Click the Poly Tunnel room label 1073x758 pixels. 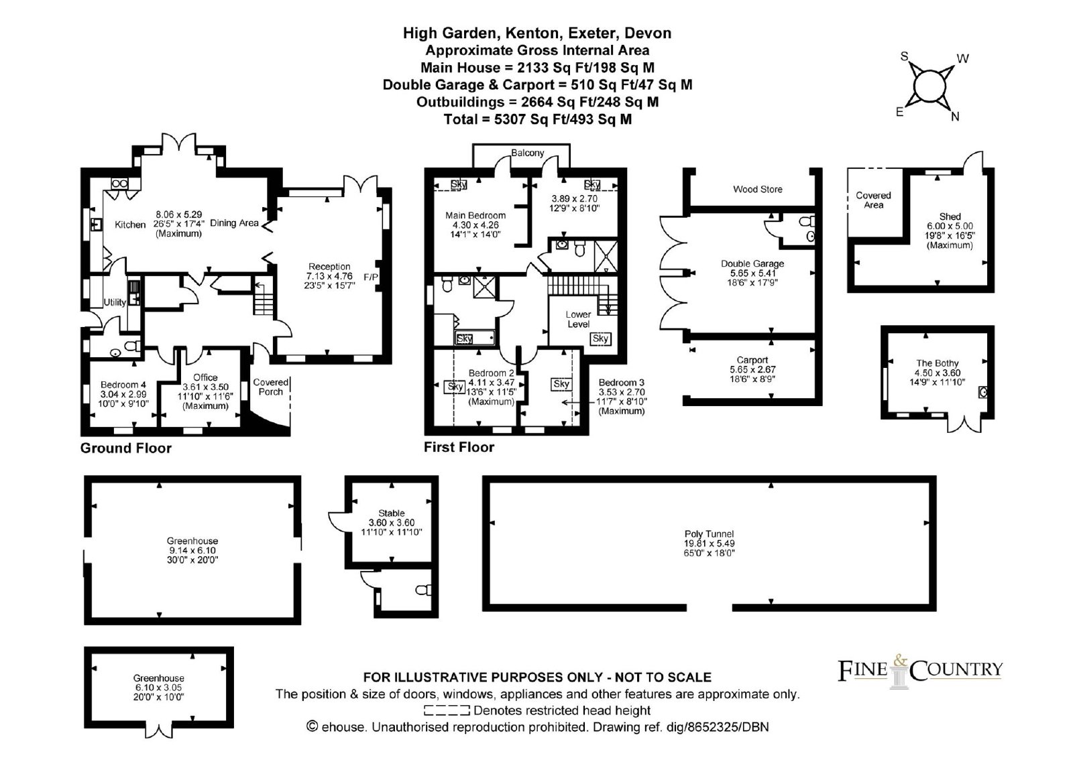(x=709, y=534)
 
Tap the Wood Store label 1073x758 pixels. (x=757, y=189)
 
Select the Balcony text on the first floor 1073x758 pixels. (x=527, y=153)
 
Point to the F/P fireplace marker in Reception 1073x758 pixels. (x=371, y=277)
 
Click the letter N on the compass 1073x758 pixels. (x=955, y=117)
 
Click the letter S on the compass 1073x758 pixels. (x=904, y=56)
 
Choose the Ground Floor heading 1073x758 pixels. (x=125, y=448)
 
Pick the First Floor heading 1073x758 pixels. (x=459, y=447)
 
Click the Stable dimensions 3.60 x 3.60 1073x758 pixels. (x=392, y=522)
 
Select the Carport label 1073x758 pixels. (x=752, y=360)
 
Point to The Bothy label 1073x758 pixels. (x=937, y=363)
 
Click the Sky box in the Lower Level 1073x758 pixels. (x=600, y=338)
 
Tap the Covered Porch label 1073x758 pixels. (x=271, y=387)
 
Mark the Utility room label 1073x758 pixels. (x=115, y=302)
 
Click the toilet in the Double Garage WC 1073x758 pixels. (x=808, y=220)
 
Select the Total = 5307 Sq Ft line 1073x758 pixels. (x=537, y=119)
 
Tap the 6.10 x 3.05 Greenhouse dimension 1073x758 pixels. (x=158, y=687)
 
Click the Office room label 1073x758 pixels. (x=205, y=377)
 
